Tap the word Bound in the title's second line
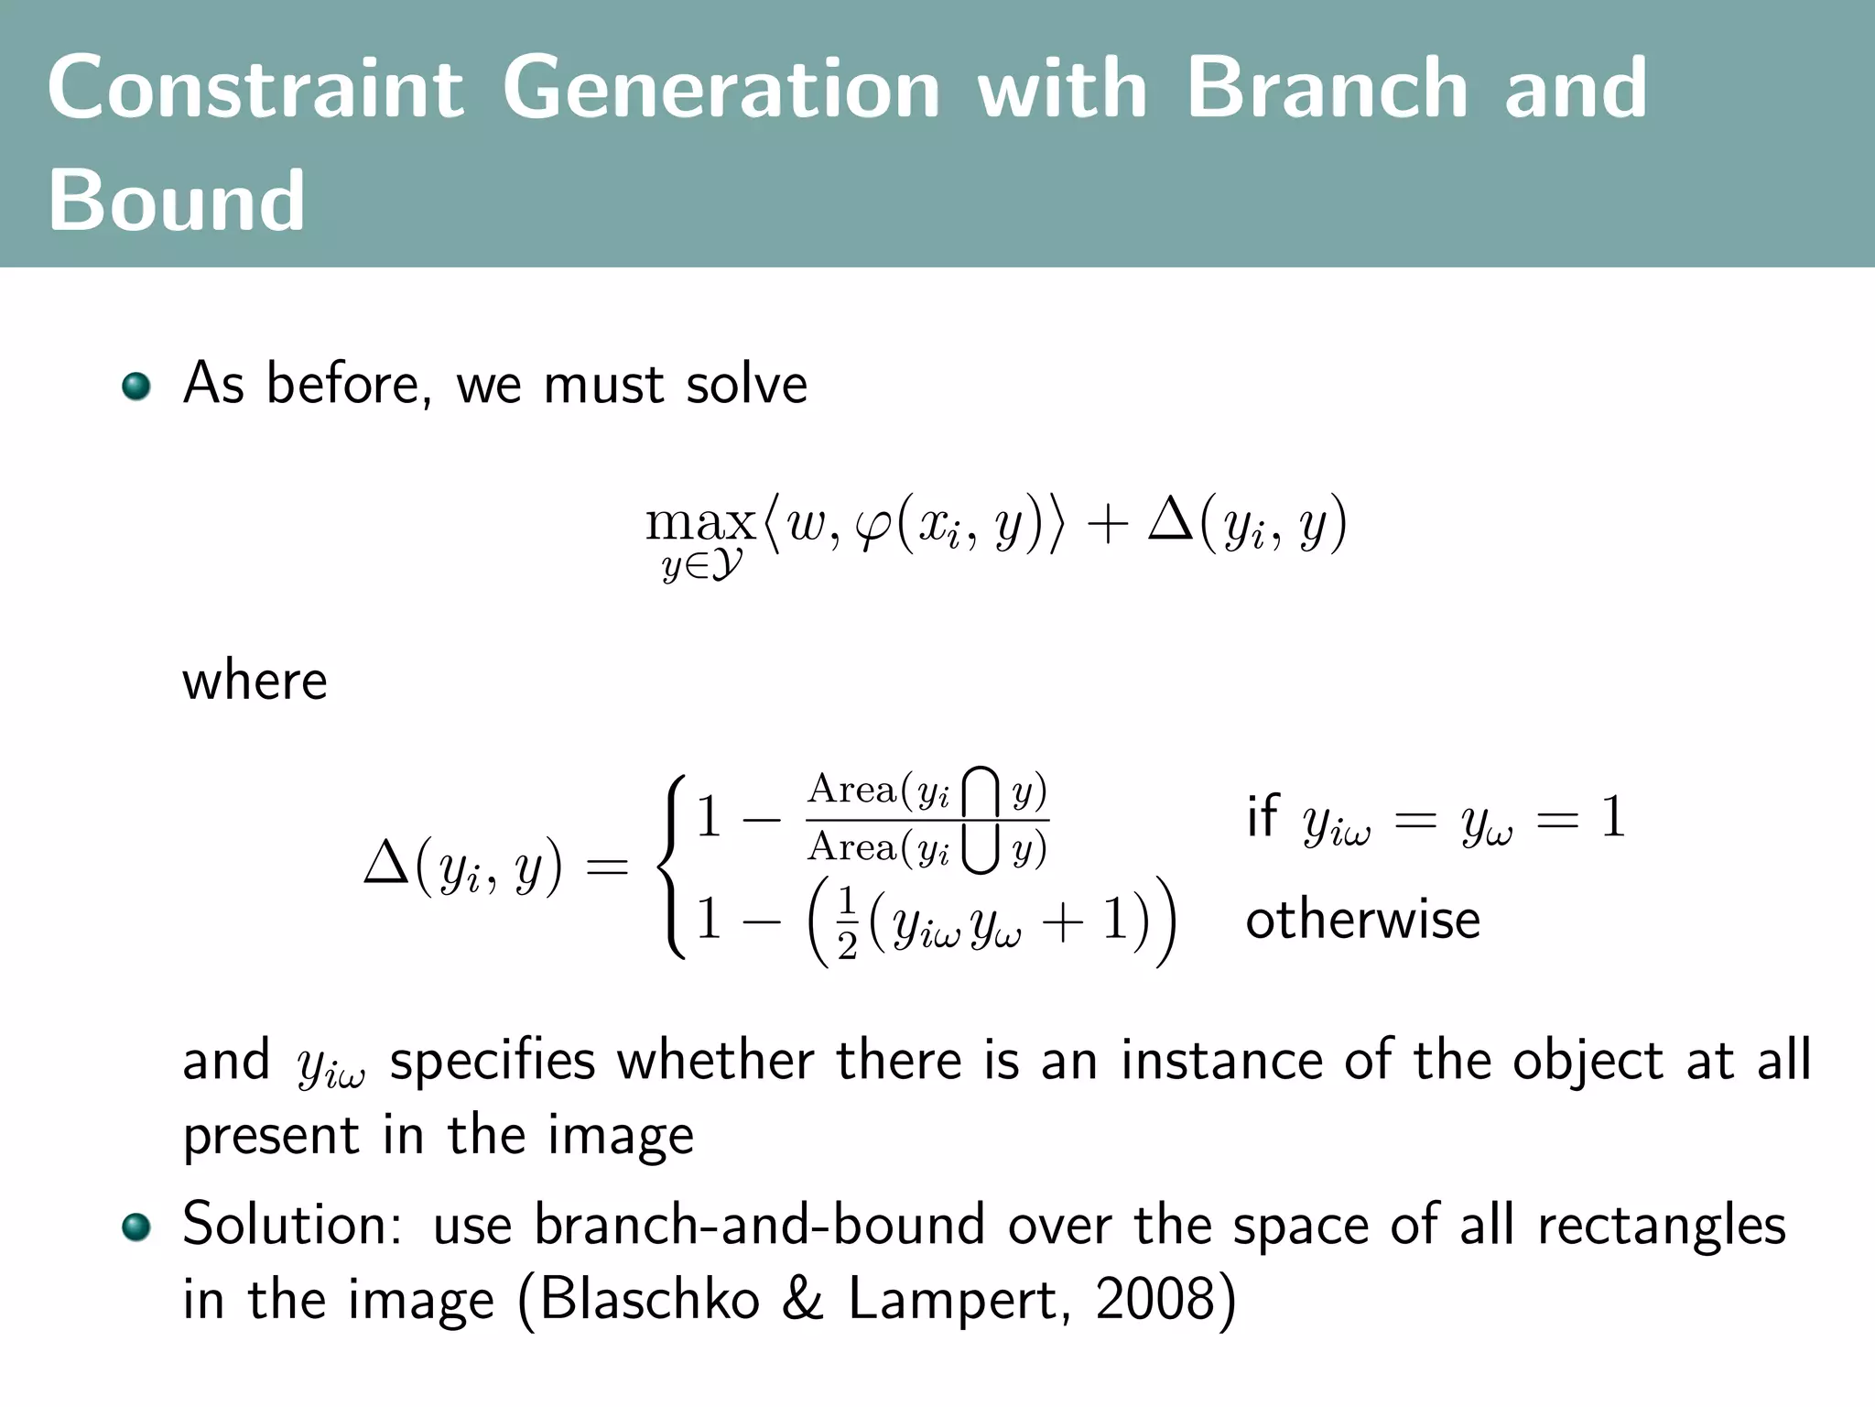(176, 202)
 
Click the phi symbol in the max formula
(873, 526)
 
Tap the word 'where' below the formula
(255, 682)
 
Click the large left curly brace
(674, 867)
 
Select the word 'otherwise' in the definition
(1362, 920)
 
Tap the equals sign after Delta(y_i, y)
(606, 867)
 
